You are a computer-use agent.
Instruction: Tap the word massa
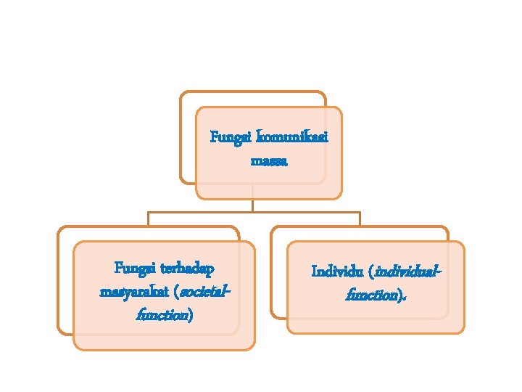[269, 160]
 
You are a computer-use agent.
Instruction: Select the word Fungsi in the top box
[226, 137]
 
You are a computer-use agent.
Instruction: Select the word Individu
[336, 272]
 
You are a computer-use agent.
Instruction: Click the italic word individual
[409, 272]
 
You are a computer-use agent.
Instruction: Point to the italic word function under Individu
[373, 295]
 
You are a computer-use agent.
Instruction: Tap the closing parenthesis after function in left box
[190, 316]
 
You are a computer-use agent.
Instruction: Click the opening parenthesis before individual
[370, 272]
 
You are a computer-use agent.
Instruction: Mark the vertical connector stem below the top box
[253, 205]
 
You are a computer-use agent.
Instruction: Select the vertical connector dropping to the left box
[148, 219]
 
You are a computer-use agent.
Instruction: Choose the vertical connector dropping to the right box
[360, 219]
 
